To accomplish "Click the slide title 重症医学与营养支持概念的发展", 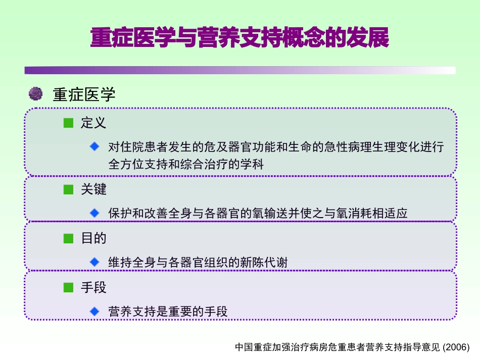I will pos(239,38).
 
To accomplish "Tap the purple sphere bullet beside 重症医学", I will pos(35,93).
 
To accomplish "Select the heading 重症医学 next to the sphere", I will pos(84,94).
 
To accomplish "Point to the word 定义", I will pos(93,123).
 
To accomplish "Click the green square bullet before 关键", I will pos(69,189).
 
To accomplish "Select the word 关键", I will pos(93,189).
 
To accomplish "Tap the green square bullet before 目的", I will pos(69,238).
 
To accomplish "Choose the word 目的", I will pos(93,238).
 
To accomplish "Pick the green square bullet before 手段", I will pos(69,288).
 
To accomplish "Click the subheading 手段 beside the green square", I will pos(93,288).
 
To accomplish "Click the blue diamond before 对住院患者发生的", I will pos(94,146).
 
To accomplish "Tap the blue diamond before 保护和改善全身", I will pos(94,213).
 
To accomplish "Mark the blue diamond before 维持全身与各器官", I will pos(94,262).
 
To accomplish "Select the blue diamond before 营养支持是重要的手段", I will pos(94,311).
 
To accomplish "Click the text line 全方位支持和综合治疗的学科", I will pos(186,164).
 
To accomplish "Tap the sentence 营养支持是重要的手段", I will pos(168,312).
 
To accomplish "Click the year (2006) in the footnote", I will pos(456,347).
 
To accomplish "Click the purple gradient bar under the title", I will pos(239,71).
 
